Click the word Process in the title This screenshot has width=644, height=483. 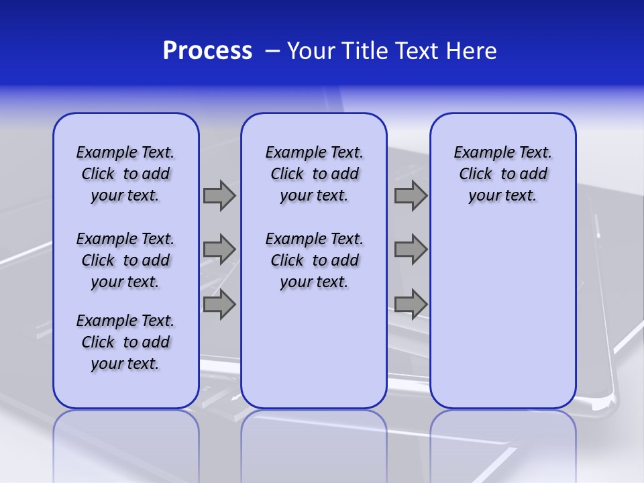pyautogui.click(x=207, y=51)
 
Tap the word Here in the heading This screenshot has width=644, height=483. pyautogui.click(x=472, y=51)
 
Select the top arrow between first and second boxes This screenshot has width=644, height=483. pyautogui.click(x=219, y=195)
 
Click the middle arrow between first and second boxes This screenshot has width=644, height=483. pyautogui.click(x=219, y=250)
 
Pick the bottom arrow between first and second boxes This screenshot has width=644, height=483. pyautogui.click(x=219, y=305)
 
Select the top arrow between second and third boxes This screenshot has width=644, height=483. pyautogui.click(x=411, y=195)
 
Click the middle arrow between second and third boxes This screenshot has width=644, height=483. pyautogui.click(x=411, y=250)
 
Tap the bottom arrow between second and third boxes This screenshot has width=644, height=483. pyautogui.click(x=411, y=305)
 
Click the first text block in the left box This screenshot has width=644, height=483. pyautogui.click(x=125, y=174)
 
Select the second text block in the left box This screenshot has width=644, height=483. pyautogui.click(x=125, y=260)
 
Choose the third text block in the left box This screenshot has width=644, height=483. pyautogui.click(x=125, y=342)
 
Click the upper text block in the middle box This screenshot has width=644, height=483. pyautogui.click(x=314, y=174)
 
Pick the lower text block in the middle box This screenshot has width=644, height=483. pyautogui.click(x=314, y=260)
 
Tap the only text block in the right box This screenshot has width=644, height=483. pyautogui.click(x=503, y=174)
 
